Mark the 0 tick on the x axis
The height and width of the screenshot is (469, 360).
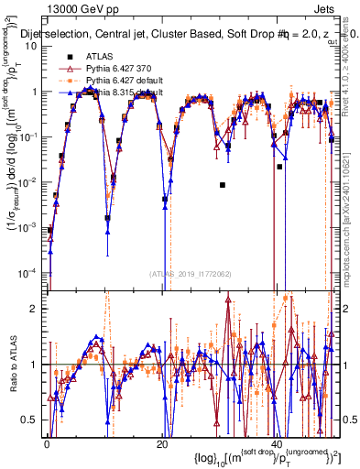tap(47, 442)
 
